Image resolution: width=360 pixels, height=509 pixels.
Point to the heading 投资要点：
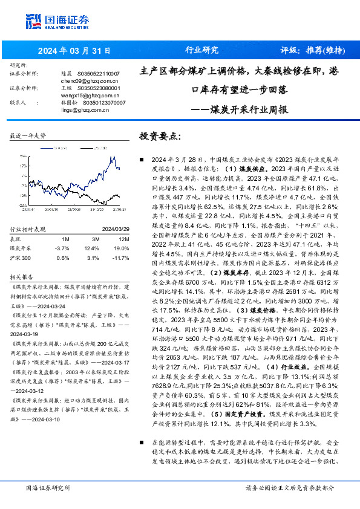[160, 136]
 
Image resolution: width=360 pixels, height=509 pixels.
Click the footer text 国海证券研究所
[48, 487]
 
